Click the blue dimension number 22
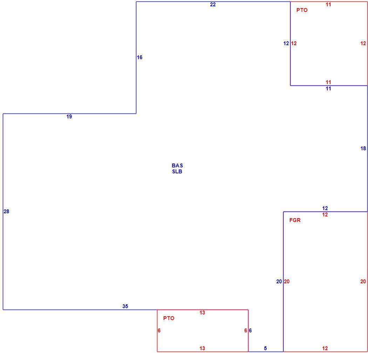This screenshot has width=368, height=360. (213, 5)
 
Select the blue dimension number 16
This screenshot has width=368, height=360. (139, 57)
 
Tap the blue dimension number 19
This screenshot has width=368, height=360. (69, 117)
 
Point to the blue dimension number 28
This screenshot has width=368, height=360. (6, 211)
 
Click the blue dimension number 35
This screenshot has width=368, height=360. (125, 306)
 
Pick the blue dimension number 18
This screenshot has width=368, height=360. (363, 148)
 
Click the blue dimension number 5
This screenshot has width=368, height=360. (265, 348)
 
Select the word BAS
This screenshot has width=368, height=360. (177, 166)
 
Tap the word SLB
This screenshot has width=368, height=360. (177, 172)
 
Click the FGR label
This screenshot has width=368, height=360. (295, 220)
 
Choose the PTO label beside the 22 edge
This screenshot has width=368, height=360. (302, 10)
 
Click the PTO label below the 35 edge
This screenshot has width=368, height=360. (169, 318)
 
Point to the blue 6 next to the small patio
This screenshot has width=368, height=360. (250, 331)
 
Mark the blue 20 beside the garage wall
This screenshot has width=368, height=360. (279, 282)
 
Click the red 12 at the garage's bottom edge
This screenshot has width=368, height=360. (325, 348)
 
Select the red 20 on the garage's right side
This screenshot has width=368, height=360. (363, 282)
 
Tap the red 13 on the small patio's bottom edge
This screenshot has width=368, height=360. (202, 348)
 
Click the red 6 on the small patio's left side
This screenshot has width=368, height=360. (159, 331)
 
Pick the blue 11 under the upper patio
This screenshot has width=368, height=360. (328, 88)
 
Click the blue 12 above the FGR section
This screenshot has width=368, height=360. (325, 208)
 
